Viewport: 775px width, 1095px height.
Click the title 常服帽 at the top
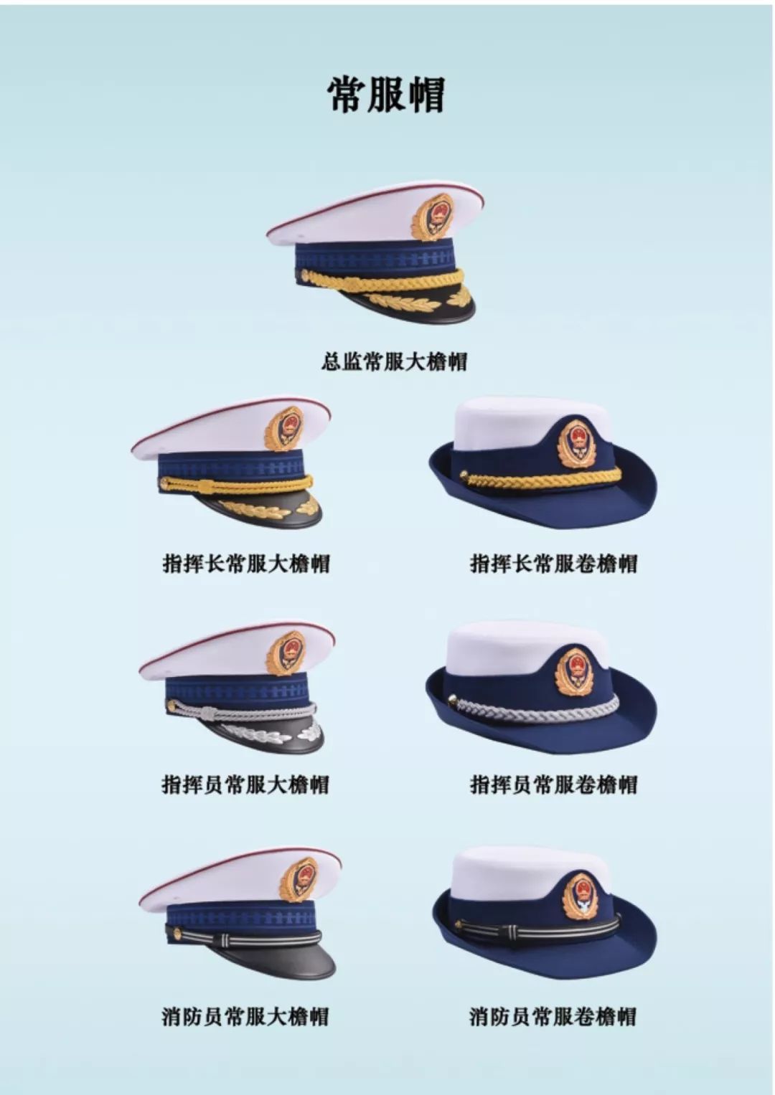coord(387,95)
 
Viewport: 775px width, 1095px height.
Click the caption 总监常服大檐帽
coord(393,361)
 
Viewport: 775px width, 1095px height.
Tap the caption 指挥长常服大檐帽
coord(246,563)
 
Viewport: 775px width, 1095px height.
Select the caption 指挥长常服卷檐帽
coord(553,563)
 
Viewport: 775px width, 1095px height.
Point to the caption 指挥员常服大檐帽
coord(245,784)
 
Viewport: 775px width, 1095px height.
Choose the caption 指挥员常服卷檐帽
coord(553,784)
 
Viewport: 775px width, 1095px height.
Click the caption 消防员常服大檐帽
coord(245,1016)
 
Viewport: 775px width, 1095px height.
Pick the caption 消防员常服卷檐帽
coord(553,1016)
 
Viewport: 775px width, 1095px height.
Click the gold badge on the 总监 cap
coord(432,217)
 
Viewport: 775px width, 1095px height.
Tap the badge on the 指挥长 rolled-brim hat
coord(577,444)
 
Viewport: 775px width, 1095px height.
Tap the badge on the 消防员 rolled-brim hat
coord(580,896)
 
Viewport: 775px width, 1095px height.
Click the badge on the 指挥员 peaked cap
coord(286,653)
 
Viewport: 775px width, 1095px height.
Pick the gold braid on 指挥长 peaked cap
coord(237,485)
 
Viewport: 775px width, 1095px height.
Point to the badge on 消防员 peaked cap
coord(298,878)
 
